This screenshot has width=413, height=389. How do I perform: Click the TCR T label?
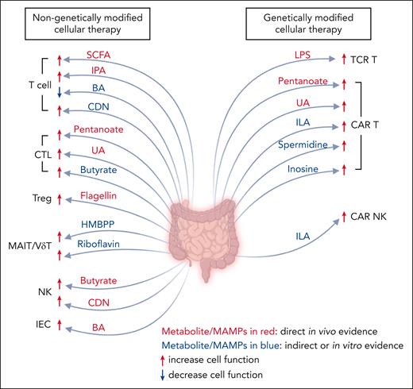pos(368,58)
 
